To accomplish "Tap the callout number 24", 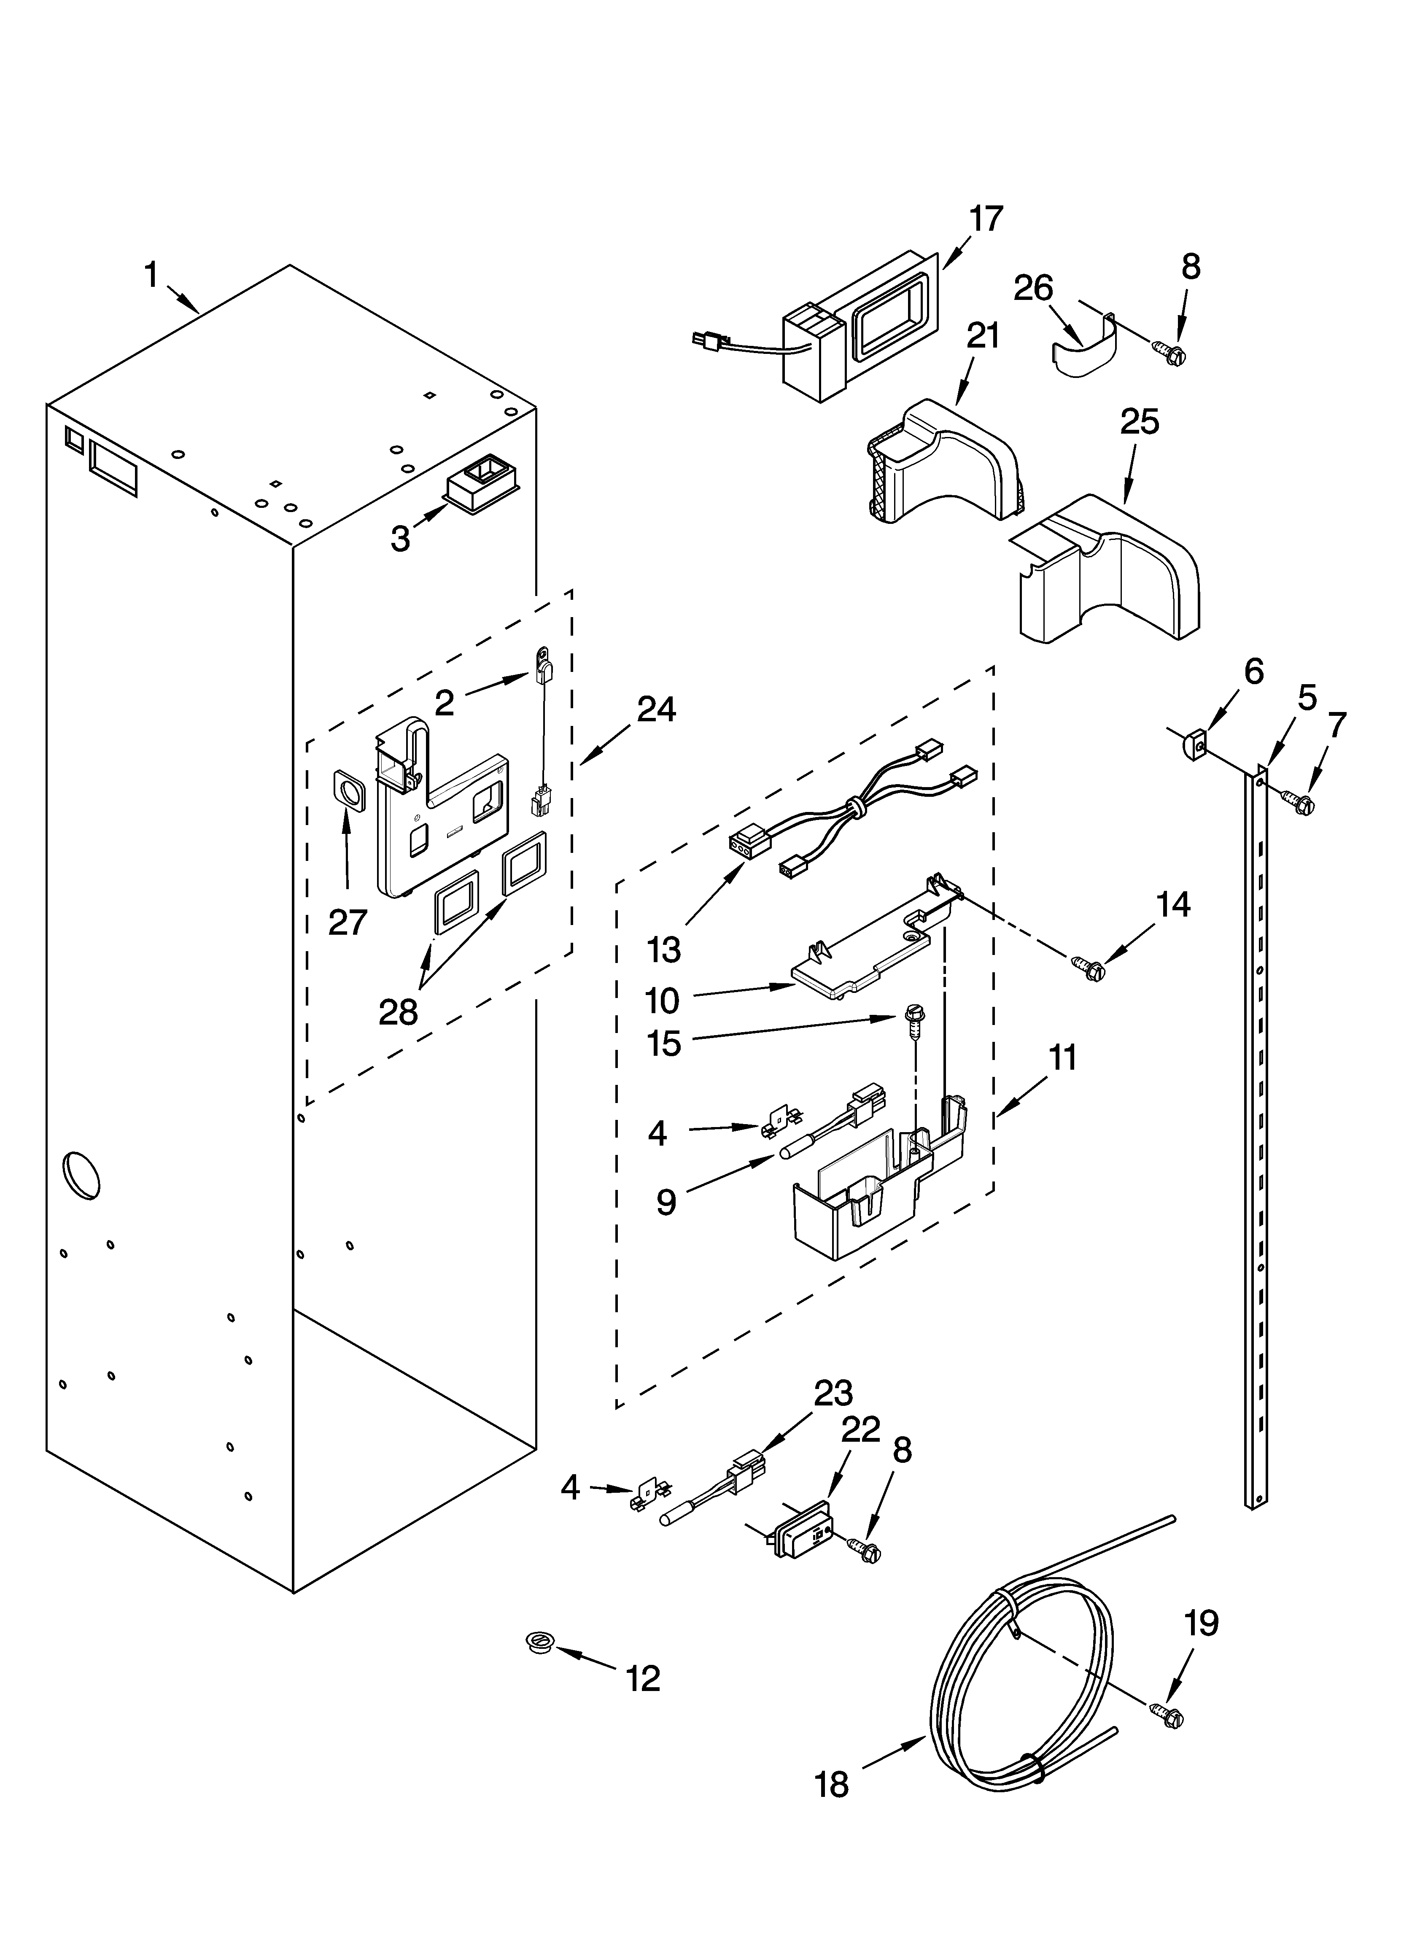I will pyautogui.click(x=656, y=709).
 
